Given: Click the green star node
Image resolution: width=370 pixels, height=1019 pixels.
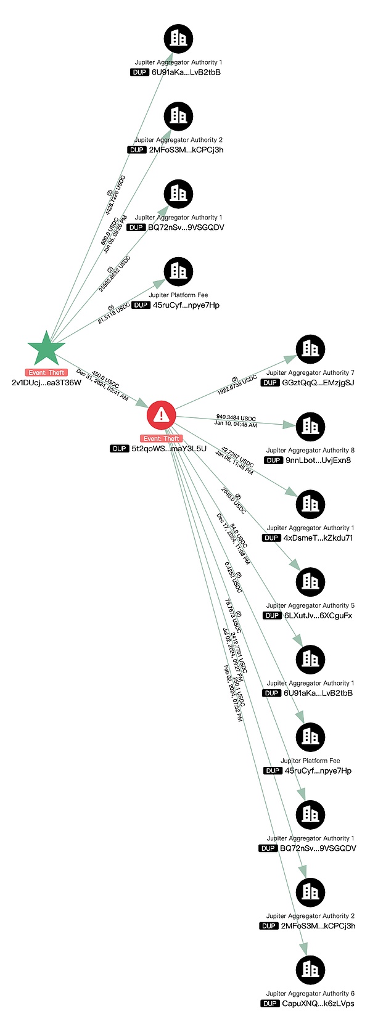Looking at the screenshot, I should pos(46,349).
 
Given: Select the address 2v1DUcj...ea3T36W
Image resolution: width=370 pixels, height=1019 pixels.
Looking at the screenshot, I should pos(46,382).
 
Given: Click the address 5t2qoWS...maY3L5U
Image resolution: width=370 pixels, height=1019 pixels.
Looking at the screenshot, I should pos(168,448).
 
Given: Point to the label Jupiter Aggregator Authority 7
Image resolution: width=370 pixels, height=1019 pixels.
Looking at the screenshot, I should pos(310,372).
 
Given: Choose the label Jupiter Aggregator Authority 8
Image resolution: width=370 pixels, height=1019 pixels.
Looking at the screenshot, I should pos(310,450).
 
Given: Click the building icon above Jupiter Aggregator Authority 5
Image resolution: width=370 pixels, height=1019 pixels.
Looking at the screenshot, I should pos(310,582).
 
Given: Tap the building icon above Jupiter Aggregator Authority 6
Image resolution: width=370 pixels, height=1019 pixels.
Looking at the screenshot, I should pos(310,970).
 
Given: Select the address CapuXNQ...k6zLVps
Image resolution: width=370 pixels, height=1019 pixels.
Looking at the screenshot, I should pos(318,1004).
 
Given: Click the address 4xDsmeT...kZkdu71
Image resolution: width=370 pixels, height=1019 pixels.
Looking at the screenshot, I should pos(318,538).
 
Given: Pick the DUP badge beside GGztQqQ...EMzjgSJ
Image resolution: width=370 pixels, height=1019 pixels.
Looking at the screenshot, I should pos(270,383).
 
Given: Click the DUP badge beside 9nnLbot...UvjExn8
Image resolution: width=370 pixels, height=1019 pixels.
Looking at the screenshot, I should pos(273,460).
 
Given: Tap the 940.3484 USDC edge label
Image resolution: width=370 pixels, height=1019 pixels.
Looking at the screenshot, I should pos(236,418).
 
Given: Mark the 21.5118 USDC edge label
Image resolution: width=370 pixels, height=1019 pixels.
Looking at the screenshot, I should pos(113,313).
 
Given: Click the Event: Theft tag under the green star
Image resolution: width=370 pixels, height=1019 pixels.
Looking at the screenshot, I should pos(46,372).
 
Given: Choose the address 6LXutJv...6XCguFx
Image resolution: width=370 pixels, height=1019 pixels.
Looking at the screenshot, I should pos(318,615).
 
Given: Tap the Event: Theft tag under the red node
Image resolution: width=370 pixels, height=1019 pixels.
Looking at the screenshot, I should pos(162,438).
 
